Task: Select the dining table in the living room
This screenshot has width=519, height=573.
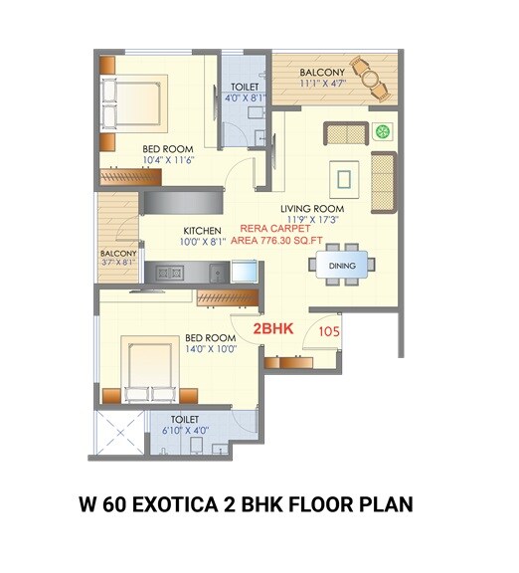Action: [x=341, y=266]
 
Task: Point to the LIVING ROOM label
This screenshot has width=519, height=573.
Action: [x=311, y=209]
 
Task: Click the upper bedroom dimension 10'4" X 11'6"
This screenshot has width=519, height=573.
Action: [x=166, y=158]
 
